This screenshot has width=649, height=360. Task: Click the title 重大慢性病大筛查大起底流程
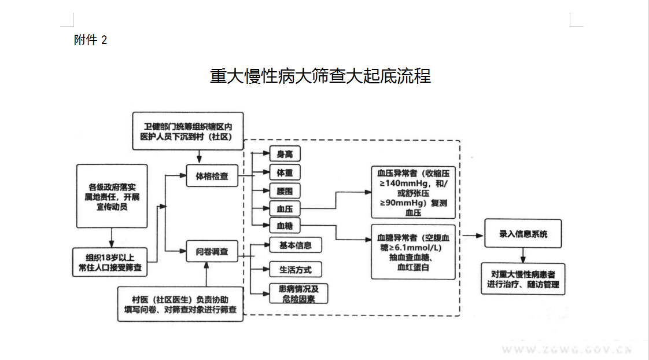(x=320, y=76)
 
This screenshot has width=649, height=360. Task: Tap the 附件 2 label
(x=91, y=40)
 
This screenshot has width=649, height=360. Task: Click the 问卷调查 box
(x=212, y=252)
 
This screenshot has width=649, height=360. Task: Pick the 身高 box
(x=285, y=154)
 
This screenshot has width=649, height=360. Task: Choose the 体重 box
(x=285, y=172)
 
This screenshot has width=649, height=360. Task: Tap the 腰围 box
(x=285, y=190)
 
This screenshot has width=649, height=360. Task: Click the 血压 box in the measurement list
(x=285, y=208)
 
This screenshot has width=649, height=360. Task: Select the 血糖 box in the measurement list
(x=285, y=225)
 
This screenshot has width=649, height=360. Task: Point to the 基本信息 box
(x=295, y=245)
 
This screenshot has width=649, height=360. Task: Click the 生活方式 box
(x=295, y=270)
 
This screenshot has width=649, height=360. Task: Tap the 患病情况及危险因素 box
(x=299, y=293)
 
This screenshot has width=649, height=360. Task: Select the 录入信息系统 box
(x=523, y=234)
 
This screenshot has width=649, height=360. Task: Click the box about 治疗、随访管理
(x=523, y=279)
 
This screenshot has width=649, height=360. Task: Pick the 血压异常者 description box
(x=413, y=192)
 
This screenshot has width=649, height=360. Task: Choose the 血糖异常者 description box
(x=413, y=252)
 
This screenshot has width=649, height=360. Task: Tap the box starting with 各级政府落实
(x=113, y=196)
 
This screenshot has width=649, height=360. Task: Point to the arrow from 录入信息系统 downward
(x=523, y=255)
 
